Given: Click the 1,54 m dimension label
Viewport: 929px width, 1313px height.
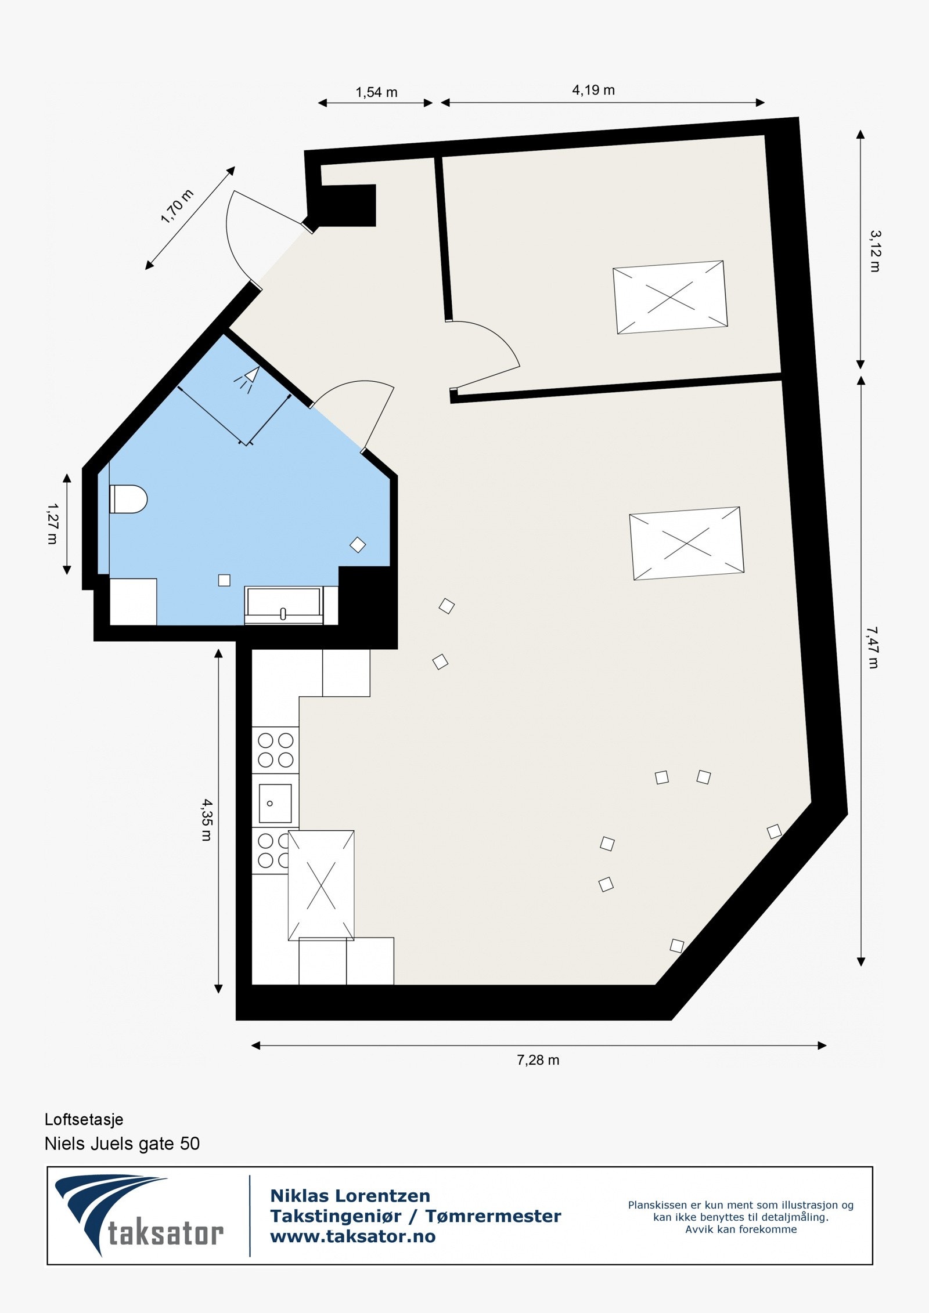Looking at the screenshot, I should click(376, 92).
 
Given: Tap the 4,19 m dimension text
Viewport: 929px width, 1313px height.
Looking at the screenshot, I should click(593, 90).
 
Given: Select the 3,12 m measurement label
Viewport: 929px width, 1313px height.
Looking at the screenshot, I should click(874, 251).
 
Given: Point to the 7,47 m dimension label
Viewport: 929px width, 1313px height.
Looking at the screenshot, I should click(873, 647).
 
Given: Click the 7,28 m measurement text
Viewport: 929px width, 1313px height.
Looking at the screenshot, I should click(538, 1060).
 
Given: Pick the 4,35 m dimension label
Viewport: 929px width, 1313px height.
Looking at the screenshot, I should click(207, 820).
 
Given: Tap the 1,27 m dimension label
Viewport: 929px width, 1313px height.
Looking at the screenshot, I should click(52, 523).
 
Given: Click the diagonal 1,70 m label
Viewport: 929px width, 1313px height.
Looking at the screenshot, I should click(177, 207).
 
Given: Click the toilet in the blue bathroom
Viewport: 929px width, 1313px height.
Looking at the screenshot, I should click(128, 499).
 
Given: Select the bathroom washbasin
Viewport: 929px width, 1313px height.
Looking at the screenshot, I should click(283, 603).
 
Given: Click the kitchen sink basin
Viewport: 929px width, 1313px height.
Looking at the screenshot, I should click(275, 803).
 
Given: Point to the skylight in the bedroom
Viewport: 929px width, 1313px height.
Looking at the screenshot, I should click(670, 297).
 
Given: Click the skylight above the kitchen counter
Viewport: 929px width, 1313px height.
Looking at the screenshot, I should click(321, 885).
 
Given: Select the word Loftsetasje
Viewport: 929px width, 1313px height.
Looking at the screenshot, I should click(84, 1119).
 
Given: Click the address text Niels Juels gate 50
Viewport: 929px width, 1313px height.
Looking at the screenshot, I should click(122, 1143).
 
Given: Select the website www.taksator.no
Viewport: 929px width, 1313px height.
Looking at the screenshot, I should click(352, 1236).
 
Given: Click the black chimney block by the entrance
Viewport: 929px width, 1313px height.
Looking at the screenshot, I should click(347, 205).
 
